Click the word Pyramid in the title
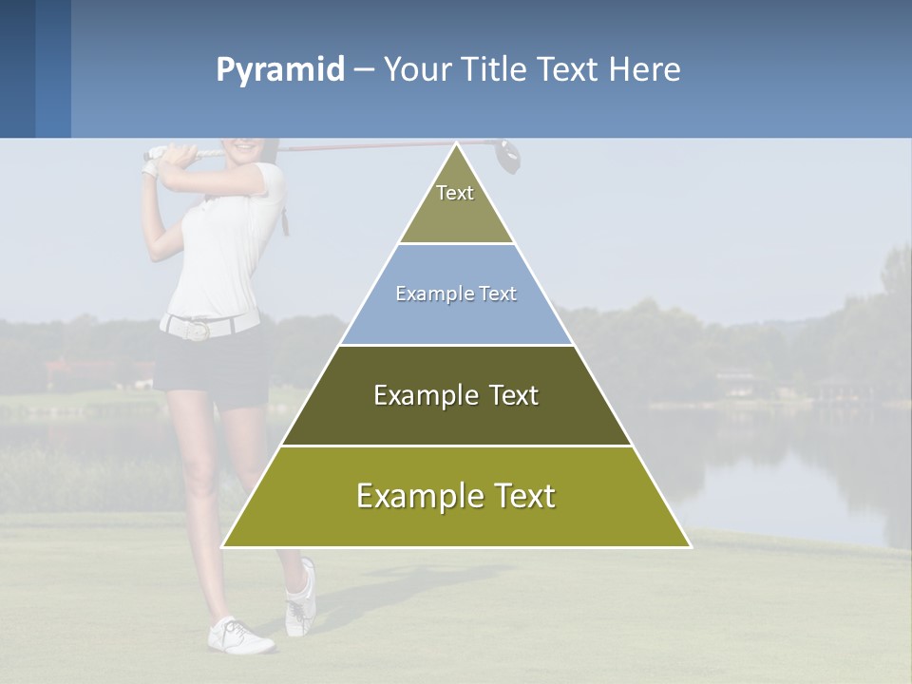(x=280, y=70)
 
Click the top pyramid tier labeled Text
(x=456, y=204)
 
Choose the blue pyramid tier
(x=456, y=294)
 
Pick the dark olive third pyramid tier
(x=456, y=395)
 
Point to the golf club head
(x=508, y=156)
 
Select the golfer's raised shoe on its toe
(x=300, y=598)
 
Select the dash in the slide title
(x=364, y=70)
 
